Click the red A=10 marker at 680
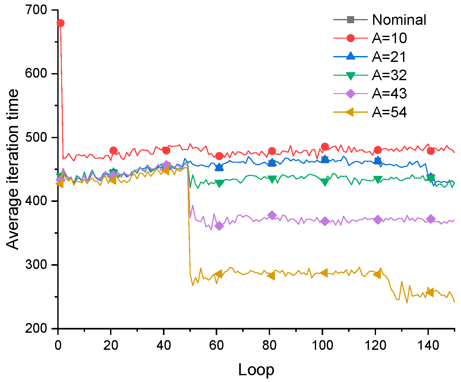click(x=61, y=23)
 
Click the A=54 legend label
click(x=390, y=112)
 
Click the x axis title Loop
click(x=256, y=370)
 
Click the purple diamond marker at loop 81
click(x=272, y=215)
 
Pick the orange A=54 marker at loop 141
click(x=429, y=292)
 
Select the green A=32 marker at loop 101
click(x=325, y=182)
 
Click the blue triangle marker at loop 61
click(x=219, y=167)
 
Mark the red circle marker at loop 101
click(x=325, y=147)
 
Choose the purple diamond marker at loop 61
click(x=219, y=226)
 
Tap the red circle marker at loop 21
click(x=113, y=150)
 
